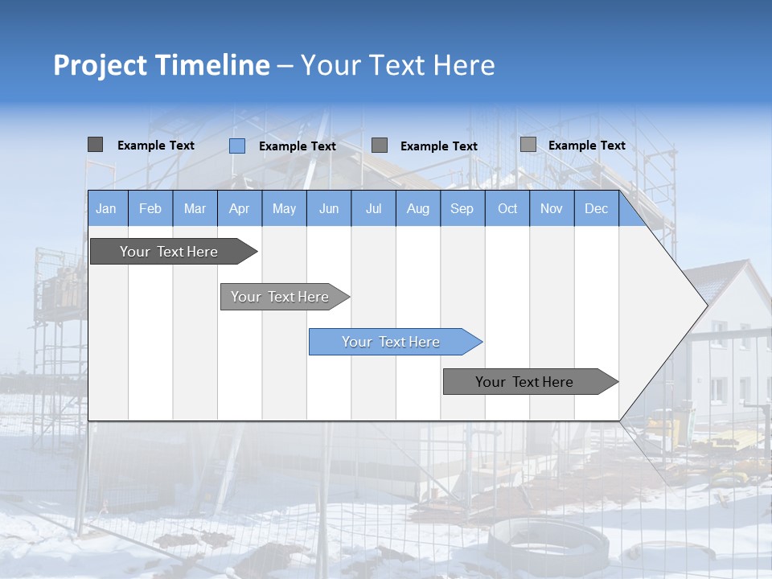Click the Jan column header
click(107, 208)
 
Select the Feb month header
click(150, 208)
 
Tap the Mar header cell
click(195, 208)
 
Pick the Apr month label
click(240, 208)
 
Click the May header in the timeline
click(284, 208)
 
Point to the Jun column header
click(329, 208)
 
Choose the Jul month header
click(373, 208)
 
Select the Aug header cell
click(418, 208)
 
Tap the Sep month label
click(462, 208)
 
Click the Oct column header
click(507, 208)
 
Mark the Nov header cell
click(552, 208)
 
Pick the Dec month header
click(597, 208)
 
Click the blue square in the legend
click(237, 146)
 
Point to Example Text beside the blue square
click(297, 146)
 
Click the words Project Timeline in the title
click(162, 65)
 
